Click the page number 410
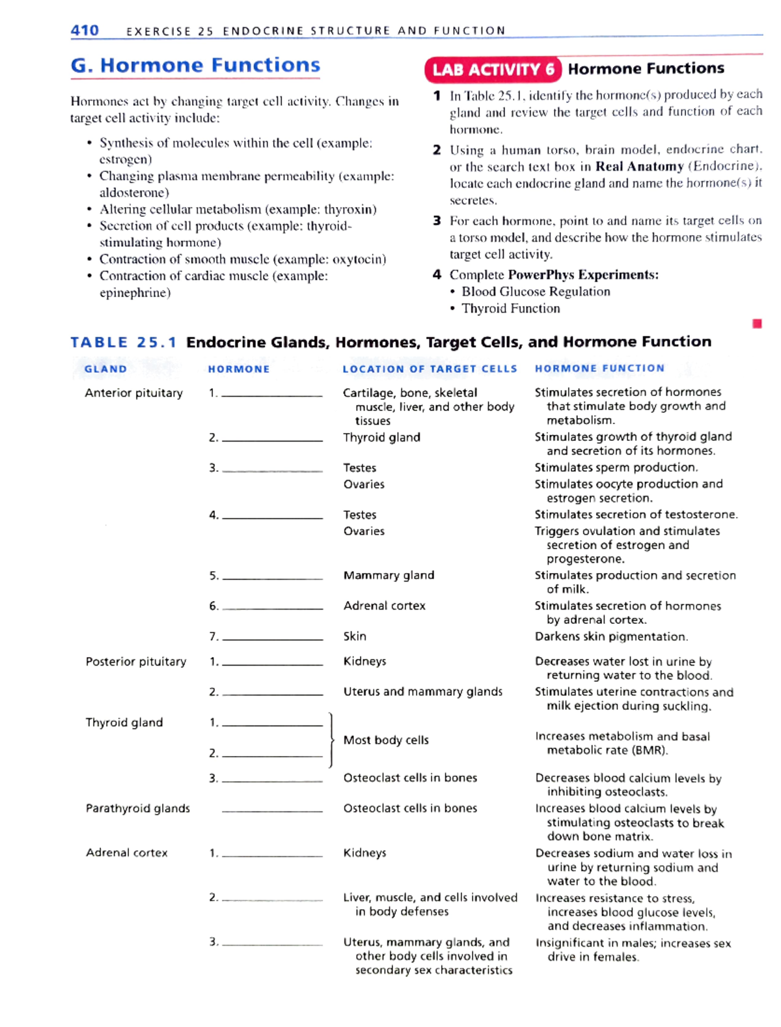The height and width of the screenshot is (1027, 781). (85, 30)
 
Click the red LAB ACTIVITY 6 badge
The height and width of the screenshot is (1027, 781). (493, 70)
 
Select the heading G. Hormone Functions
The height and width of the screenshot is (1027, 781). (195, 65)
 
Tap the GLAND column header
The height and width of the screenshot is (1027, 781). (105, 369)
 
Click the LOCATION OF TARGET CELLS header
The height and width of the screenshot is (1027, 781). (430, 369)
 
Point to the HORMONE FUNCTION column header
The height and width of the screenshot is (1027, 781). (599, 369)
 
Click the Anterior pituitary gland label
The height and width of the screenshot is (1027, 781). (133, 393)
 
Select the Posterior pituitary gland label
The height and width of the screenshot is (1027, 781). (135, 662)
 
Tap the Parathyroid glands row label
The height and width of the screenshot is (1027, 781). (137, 808)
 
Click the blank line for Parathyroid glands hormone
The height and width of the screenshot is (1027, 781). (272, 809)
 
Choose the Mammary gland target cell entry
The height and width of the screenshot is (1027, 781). (389, 575)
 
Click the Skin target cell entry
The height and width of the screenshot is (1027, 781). (355, 636)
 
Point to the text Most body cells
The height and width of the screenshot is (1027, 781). (386, 740)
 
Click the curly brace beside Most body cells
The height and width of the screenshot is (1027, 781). (331, 740)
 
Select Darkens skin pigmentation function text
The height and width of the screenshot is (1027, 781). (610, 636)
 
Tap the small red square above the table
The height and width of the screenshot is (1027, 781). (757, 324)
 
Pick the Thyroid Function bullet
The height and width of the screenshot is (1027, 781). (510, 309)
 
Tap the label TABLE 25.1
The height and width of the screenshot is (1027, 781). (123, 343)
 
